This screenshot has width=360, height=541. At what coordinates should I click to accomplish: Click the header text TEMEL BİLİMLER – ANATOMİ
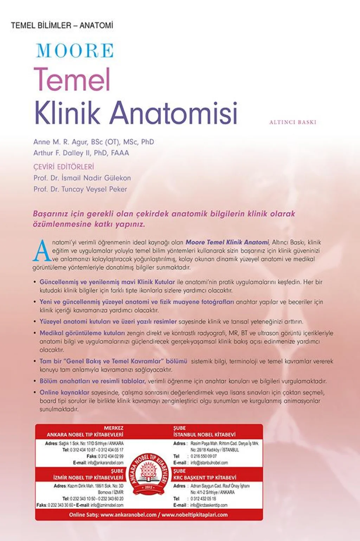[x=62, y=26]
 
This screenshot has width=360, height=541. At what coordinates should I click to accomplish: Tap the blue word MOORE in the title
[x=75, y=51]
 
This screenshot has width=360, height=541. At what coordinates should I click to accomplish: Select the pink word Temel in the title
[x=72, y=79]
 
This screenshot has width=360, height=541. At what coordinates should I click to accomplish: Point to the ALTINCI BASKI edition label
[x=292, y=122]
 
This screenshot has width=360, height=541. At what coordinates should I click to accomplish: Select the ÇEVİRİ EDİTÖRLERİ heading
[x=64, y=167]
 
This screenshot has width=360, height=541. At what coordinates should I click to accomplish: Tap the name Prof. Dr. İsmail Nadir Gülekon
[x=82, y=178]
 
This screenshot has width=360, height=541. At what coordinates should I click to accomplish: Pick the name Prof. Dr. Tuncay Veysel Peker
[x=80, y=189]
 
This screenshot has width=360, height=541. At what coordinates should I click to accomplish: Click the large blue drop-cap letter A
[x=42, y=251]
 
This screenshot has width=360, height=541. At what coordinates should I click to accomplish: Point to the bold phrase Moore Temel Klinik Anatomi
[x=227, y=242]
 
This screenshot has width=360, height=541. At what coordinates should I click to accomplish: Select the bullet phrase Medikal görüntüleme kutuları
[x=82, y=333]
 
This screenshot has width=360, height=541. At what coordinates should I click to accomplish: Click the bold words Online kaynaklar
[x=64, y=392]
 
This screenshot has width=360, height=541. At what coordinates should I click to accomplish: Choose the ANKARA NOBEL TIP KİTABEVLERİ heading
[x=85, y=435]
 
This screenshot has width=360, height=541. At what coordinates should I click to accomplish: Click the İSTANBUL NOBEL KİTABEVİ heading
[x=204, y=435]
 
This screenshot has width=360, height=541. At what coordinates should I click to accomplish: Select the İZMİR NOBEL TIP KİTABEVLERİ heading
[x=88, y=478]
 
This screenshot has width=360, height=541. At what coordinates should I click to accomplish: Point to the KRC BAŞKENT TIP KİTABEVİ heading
[x=205, y=478]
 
